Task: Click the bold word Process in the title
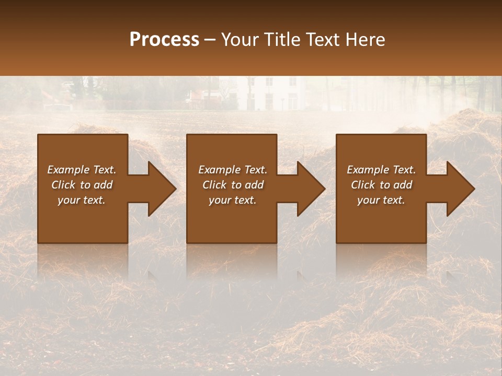pos(164,39)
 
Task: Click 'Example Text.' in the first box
pos(82,170)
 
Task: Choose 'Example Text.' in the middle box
pos(232,170)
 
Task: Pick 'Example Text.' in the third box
pos(381,170)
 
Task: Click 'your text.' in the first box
pos(82,200)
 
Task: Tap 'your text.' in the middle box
pos(232,200)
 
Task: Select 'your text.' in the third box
pos(381,200)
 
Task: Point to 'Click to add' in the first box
pos(82,185)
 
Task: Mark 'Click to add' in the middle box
pos(232,185)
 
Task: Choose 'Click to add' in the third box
pos(381,185)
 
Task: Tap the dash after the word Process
pos(210,40)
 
